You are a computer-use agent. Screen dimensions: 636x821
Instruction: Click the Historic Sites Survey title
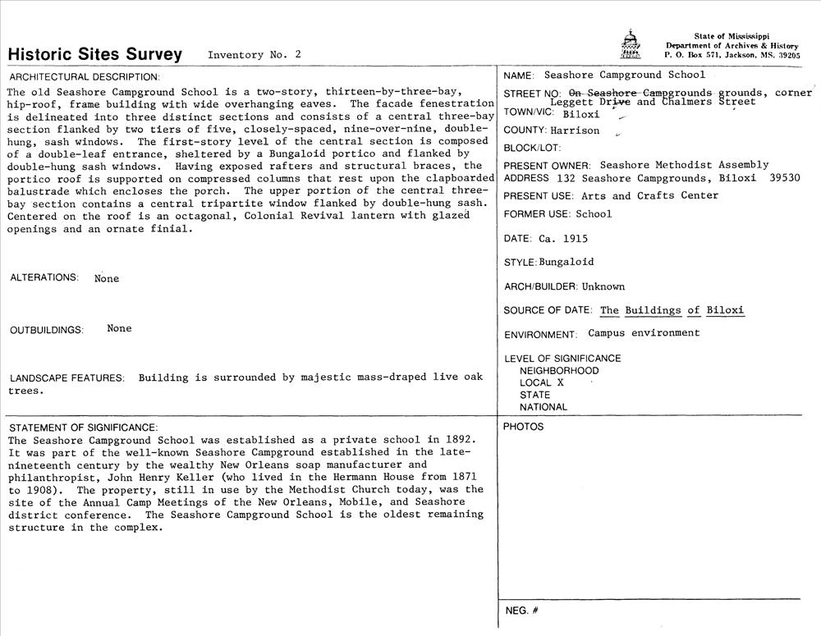pos(94,55)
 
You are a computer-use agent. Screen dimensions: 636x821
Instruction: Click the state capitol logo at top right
pos(630,44)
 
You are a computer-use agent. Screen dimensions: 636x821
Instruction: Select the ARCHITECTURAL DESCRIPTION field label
pos(71,76)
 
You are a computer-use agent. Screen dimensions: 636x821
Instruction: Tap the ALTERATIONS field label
pos(44,277)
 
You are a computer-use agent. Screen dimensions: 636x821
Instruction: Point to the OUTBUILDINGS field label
pos(47,330)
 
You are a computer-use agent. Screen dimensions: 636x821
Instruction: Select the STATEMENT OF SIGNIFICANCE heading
pos(82,428)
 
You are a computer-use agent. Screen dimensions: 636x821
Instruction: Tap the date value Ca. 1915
pos(562,239)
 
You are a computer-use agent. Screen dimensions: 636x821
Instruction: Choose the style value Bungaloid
pos(566,263)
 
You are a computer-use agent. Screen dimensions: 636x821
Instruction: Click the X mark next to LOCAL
pos(561,382)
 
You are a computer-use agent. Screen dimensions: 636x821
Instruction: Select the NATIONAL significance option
pos(544,407)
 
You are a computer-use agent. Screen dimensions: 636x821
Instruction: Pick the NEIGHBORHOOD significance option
pos(559,370)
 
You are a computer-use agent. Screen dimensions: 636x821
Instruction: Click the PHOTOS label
pos(523,427)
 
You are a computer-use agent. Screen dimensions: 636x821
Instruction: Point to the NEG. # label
pos(521,611)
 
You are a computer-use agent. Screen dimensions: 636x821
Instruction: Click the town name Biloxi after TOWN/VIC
pos(581,114)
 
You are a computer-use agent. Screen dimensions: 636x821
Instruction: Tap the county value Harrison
pos(575,130)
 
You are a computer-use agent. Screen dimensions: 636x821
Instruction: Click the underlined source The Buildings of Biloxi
pos(672,310)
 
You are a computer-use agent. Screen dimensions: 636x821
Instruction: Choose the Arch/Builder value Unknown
pos(603,286)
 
